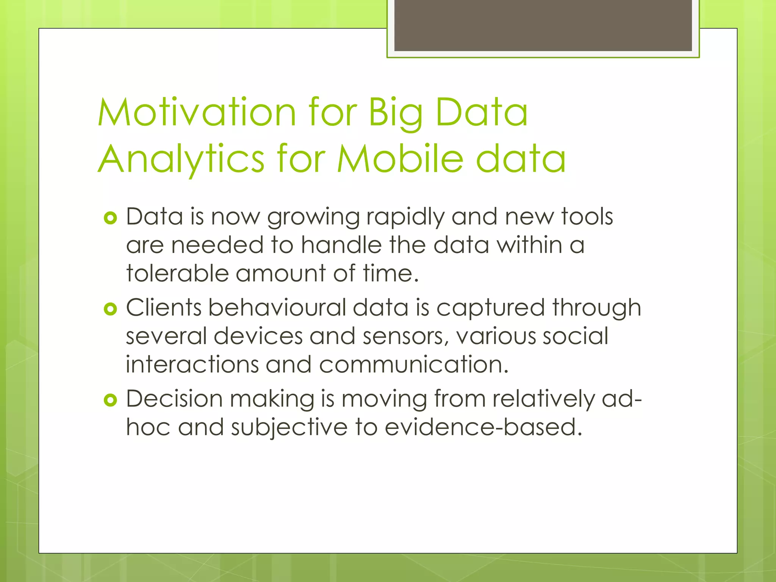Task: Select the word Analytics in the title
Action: click(181, 160)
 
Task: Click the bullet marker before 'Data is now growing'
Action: click(110, 218)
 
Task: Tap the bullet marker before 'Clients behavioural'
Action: click(110, 309)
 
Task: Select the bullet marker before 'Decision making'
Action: click(110, 400)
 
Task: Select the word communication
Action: click(413, 365)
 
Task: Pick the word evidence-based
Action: click(483, 427)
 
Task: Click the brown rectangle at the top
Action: click(543, 25)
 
